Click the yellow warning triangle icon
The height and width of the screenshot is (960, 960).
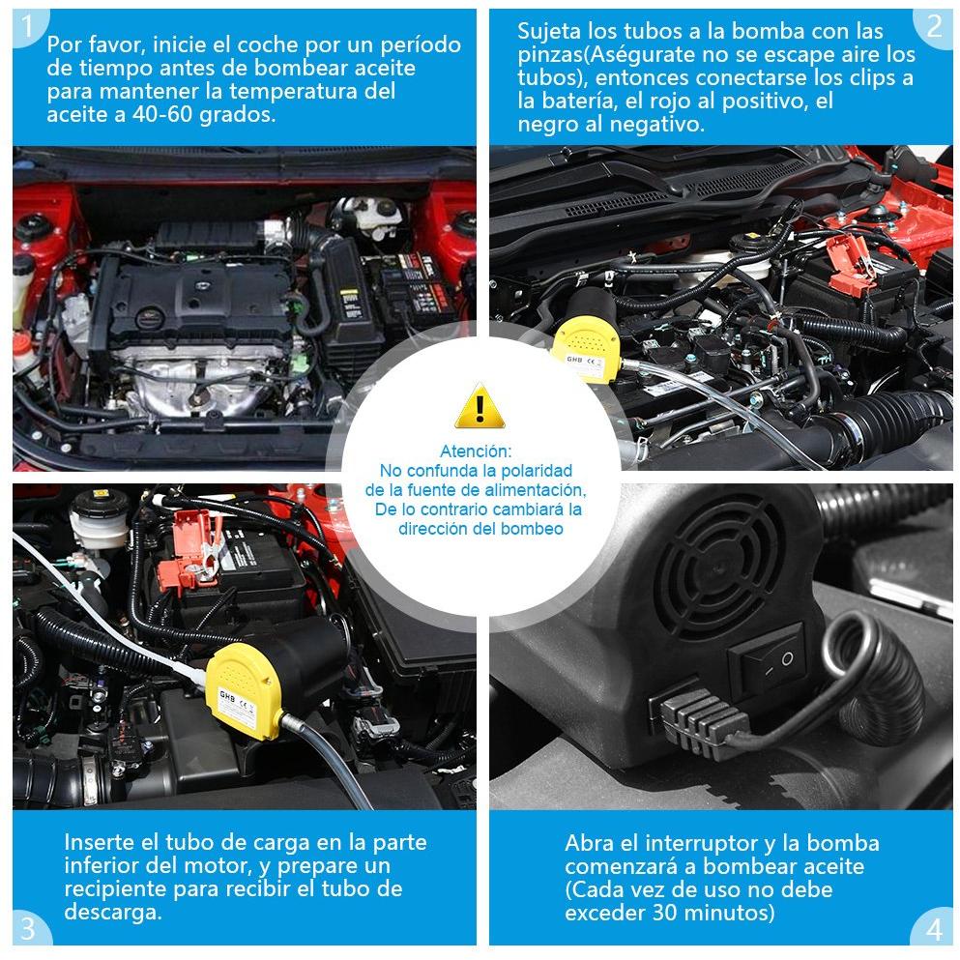pyautogui.click(x=480, y=406)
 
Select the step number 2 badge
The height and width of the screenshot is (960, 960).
pyautogui.click(x=933, y=26)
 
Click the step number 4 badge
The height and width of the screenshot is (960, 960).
pyautogui.click(x=933, y=928)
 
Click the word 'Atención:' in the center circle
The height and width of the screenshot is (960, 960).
pyautogui.click(x=476, y=451)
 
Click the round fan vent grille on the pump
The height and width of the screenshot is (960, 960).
pyautogui.click(x=716, y=564)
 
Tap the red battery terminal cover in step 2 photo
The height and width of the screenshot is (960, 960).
pyautogui.click(x=852, y=263)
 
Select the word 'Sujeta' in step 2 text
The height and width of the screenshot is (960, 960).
pyautogui.click(x=549, y=31)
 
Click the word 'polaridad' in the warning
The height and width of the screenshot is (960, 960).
pyautogui.click(x=537, y=471)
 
